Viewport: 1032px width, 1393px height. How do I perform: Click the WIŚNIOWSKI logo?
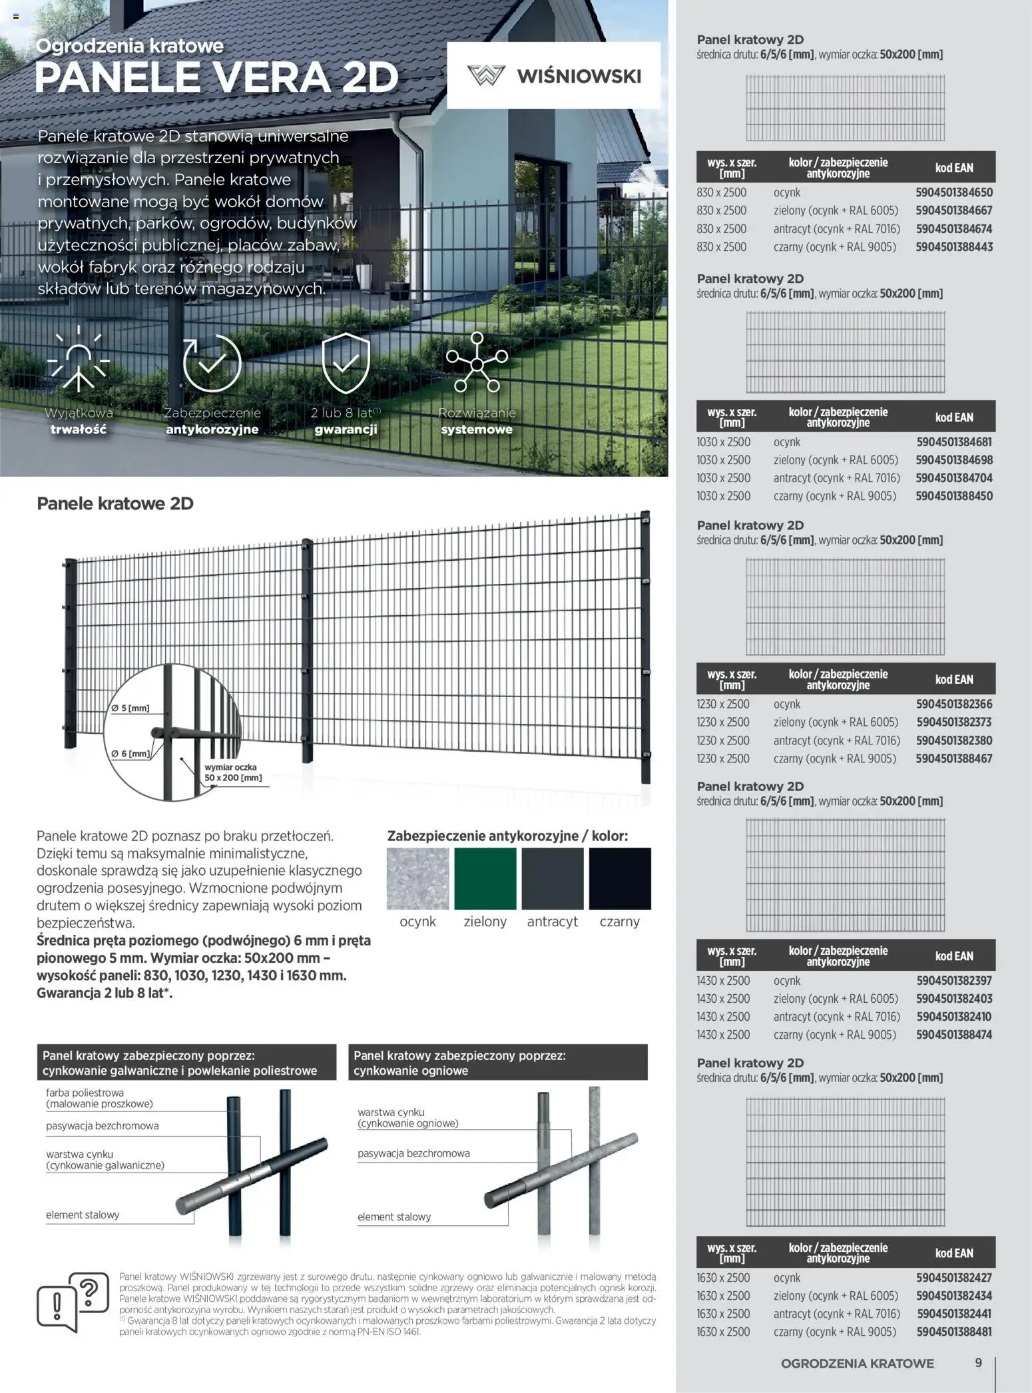554,75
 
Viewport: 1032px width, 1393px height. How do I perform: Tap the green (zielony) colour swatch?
485,878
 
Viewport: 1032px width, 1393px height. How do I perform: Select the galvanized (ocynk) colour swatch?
417,878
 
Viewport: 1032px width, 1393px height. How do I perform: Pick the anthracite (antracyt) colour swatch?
552,878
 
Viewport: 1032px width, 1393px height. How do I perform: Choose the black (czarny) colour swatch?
619,878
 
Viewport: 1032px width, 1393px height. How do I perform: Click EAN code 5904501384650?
953,192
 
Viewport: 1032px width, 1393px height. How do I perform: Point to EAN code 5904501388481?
953,1332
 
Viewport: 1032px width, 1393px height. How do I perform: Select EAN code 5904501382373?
953,722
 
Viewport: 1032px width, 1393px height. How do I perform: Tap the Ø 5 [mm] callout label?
130,708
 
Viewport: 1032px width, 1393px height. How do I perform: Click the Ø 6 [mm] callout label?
130,754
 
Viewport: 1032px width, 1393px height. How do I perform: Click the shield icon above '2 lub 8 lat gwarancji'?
346,364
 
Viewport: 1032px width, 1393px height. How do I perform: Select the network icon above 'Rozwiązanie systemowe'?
477,363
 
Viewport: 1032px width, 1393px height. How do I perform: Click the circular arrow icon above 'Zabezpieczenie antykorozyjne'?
212,363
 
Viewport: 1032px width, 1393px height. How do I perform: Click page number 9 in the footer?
978,1362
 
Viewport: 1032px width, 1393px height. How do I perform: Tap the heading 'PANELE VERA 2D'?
216,77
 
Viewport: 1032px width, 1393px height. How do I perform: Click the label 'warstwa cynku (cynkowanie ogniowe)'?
407,1117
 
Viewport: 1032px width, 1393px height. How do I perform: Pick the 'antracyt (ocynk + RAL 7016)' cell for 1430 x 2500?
836,1017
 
